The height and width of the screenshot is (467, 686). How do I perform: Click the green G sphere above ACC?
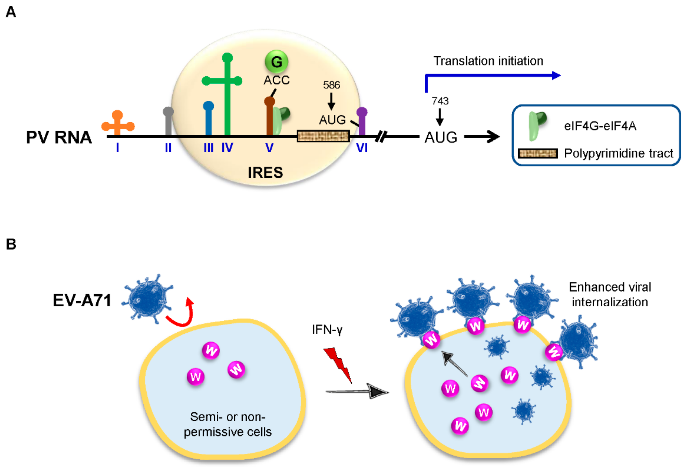276,62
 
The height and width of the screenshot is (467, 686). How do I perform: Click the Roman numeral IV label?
227,147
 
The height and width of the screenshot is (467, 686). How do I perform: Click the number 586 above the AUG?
331,85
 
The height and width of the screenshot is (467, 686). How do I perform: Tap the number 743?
440,101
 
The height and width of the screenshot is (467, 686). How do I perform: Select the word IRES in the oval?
265,172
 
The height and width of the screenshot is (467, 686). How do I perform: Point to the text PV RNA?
59,137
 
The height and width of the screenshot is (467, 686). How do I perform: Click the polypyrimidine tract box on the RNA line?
323,136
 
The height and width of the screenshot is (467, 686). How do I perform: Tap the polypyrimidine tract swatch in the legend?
538,154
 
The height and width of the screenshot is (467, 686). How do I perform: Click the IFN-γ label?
327,329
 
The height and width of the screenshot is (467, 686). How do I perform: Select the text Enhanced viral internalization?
610,295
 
